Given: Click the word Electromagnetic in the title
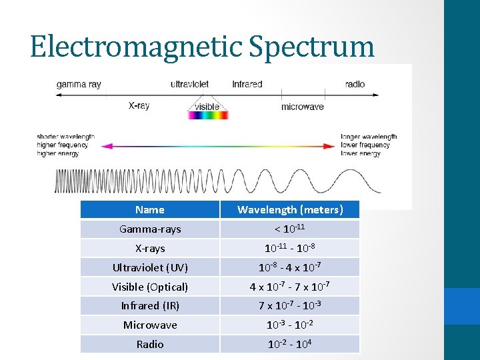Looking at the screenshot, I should click(137, 46).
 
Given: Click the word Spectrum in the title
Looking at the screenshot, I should click(311, 46).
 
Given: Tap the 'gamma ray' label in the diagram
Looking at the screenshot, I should click(79, 85).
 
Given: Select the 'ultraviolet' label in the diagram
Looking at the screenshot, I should click(189, 85).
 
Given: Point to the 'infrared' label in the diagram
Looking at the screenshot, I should click(247, 85).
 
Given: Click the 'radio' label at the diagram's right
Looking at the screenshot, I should click(355, 85).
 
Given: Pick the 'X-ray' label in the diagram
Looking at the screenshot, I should click(139, 106).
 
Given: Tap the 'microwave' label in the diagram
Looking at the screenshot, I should click(302, 107).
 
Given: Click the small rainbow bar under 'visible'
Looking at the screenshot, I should click(208, 115).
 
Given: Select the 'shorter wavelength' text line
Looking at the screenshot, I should click(65, 137).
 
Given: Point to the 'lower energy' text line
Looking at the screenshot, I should click(361, 153).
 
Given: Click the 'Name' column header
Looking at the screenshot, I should click(149, 209).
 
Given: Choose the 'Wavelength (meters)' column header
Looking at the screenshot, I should click(290, 209).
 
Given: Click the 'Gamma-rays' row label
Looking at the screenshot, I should click(150, 229).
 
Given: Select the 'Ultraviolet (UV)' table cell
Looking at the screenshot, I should click(150, 267).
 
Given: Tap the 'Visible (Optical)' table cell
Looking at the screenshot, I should click(150, 287).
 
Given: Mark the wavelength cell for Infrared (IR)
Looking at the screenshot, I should click(290, 305).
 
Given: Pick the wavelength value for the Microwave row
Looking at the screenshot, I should click(290, 325).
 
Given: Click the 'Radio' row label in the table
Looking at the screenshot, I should click(150, 344).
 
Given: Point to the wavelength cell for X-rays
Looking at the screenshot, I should click(290, 248).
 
